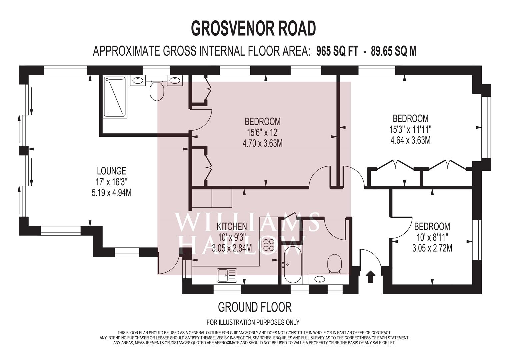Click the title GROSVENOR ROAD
tap(253, 28)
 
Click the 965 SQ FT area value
tap(337, 51)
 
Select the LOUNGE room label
tap(111, 171)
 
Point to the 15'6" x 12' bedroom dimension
tap(262, 133)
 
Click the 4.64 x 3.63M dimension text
tap(410, 140)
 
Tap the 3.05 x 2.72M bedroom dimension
tap(432, 248)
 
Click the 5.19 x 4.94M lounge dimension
tap(111, 193)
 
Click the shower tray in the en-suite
tap(115, 97)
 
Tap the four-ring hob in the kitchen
tap(269, 245)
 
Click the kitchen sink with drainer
tap(226, 275)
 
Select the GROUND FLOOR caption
tap(254, 307)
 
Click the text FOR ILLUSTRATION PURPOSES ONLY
tap(253, 322)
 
